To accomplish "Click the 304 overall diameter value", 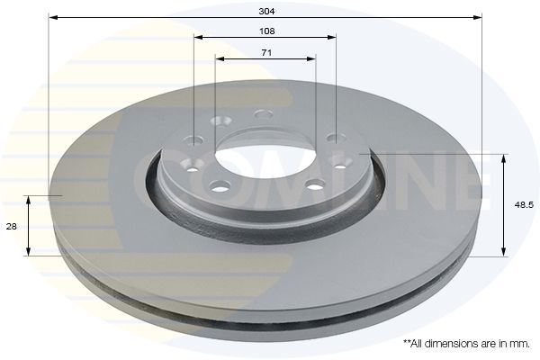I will (x=265, y=10).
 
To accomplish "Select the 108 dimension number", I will (x=265, y=31).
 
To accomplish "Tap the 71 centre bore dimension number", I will (x=265, y=53).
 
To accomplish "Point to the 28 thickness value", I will (x=12, y=228).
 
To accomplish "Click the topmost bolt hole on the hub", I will (x=263, y=114).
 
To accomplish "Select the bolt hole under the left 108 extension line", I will (x=195, y=140).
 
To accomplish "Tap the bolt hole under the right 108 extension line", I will (x=335, y=138).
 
